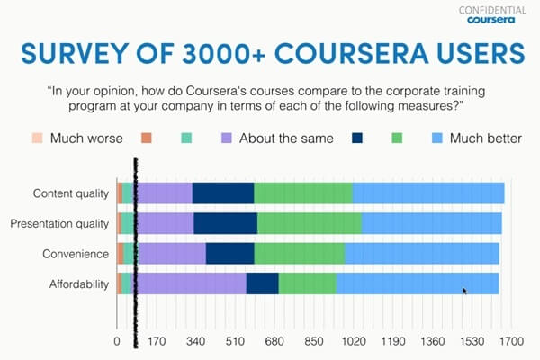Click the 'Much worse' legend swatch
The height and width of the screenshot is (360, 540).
pyautogui.click(x=37, y=139)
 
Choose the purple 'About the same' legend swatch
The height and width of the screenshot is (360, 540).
pyautogui.click(x=226, y=139)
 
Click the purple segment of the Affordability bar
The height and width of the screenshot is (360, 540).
pyautogui.click(x=192, y=283)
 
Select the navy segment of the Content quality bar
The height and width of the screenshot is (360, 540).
pyautogui.click(x=222, y=193)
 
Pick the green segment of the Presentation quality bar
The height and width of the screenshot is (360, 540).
pyautogui.click(x=309, y=223)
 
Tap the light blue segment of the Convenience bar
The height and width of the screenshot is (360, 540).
pyautogui.click(x=421, y=254)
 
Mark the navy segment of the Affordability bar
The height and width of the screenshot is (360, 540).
pyautogui.click(x=262, y=283)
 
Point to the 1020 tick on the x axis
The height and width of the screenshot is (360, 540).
pyautogui.click(x=354, y=341)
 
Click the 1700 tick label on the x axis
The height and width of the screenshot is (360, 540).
pyautogui.click(x=511, y=341)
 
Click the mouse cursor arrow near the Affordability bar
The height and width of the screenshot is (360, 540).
pyautogui.click(x=464, y=291)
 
